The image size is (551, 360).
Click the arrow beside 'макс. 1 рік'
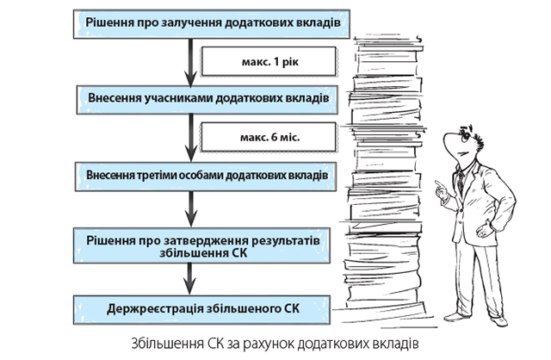point(188,60)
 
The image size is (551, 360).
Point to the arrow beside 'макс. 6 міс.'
point(188,136)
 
